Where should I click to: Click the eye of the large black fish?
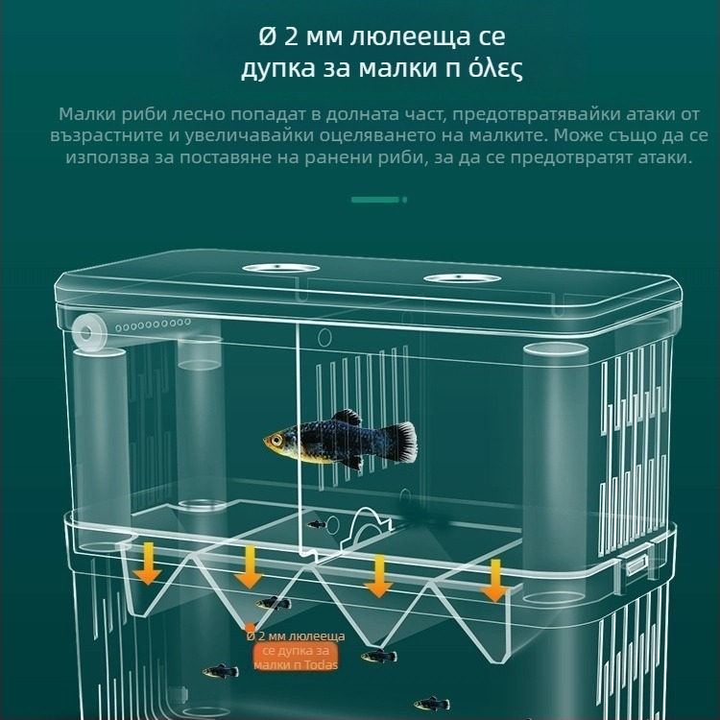277,440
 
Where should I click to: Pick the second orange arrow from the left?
249,566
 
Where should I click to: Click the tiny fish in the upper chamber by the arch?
315,524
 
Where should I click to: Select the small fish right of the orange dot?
274,604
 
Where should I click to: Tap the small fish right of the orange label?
378,657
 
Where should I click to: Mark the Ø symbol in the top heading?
268,38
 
